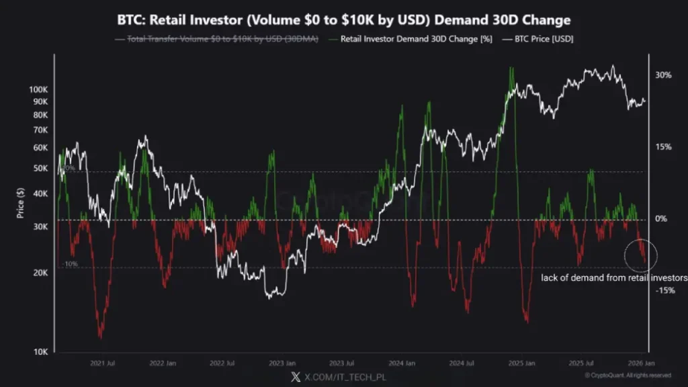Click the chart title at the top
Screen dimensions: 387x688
click(343, 20)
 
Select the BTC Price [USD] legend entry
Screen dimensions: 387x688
click(545, 39)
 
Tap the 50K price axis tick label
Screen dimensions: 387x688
click(40, 168)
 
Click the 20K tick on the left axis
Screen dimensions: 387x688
click(40, 273)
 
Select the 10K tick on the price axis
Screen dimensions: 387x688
click(40, 351)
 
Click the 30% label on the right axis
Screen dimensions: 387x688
click(663, 75)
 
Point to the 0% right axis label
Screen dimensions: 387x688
click(661, 219)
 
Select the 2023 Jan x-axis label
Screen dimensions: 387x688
click(283, 363)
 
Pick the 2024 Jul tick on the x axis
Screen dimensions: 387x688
click(461, 363)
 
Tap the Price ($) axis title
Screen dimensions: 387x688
click(21, 202)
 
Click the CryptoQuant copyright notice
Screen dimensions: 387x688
click(627, 375)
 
